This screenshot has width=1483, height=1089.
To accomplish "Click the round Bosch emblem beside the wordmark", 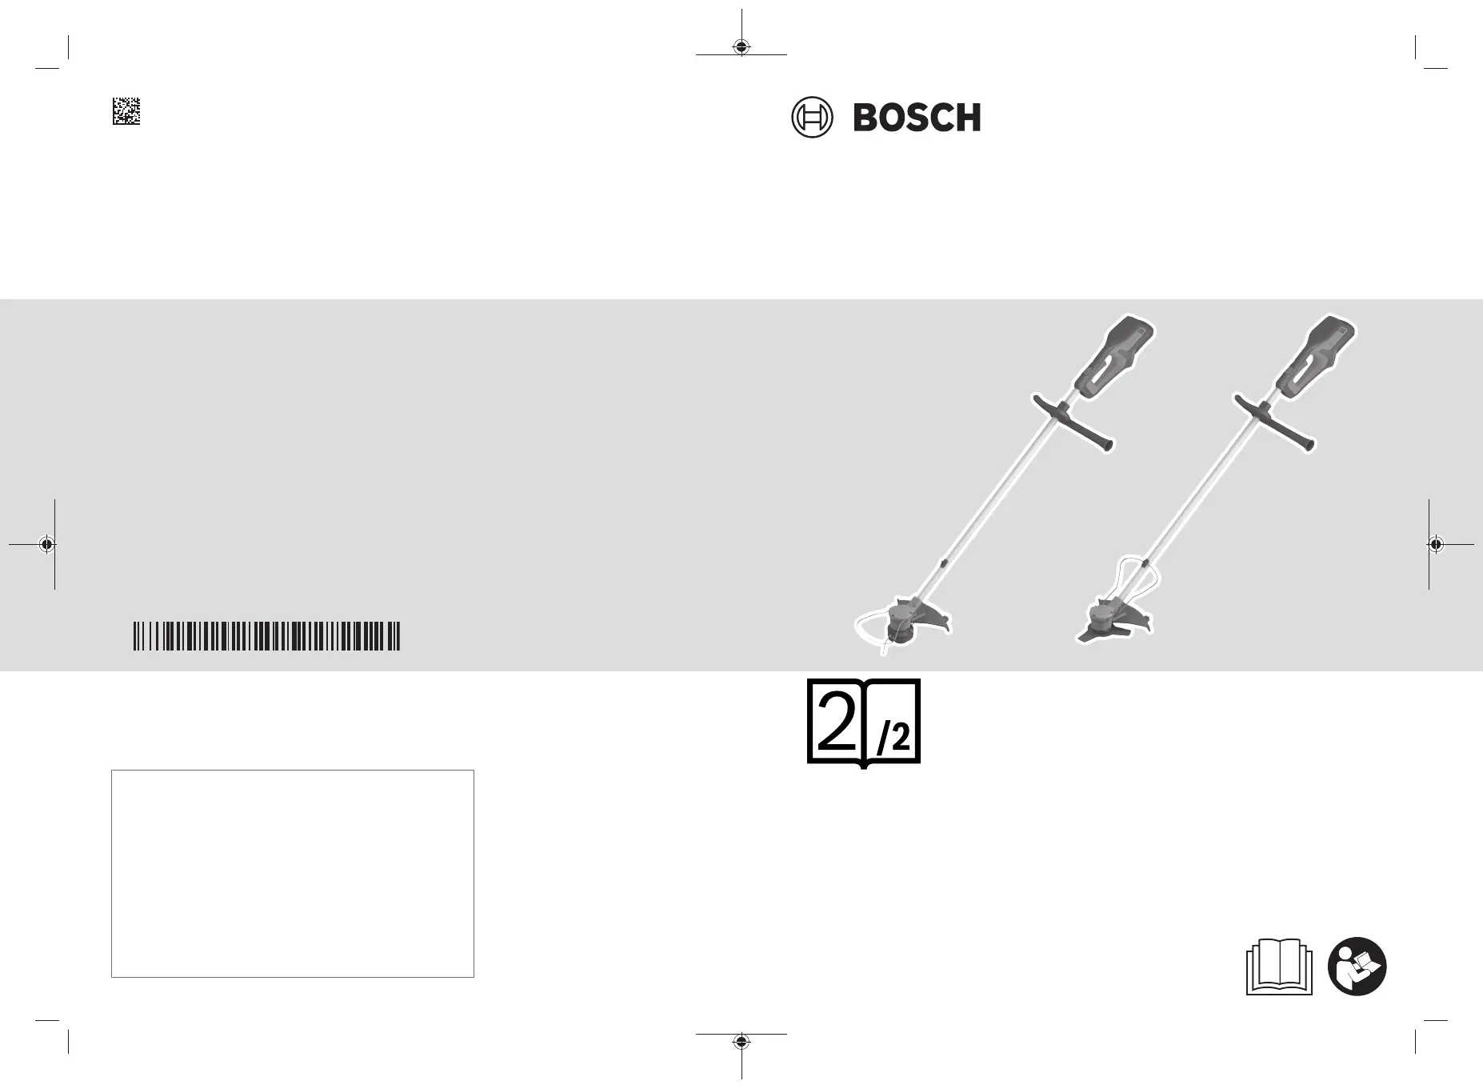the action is (x=811, y=118).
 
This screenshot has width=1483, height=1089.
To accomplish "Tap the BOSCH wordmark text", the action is (x=917, y=118).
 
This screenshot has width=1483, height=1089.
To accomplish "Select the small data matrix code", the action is (x=126, y=111).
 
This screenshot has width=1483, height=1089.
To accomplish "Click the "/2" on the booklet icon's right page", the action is (x=893, y=739).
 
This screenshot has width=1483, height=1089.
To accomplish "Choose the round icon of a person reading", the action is (x=1357, y=966).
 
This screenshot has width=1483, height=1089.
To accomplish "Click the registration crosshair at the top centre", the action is (x=741, y=46).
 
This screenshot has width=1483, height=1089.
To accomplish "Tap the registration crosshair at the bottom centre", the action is (x=741, y=1041).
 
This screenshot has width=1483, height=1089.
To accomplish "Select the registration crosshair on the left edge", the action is (x=47, y=544).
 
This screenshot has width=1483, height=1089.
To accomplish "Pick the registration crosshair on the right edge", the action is (x=1436, y=544).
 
